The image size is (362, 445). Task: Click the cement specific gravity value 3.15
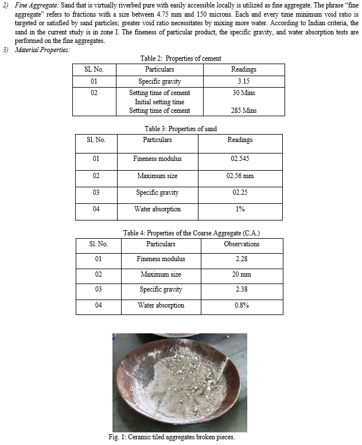click(x=243, y=81)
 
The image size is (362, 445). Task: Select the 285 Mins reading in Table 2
click(x=243, y=110)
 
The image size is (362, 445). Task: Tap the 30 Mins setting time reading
click(x=243, y=93)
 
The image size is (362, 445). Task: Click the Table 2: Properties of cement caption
click(x=181, y=58)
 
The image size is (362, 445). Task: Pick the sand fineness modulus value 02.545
click(x=240, y=159)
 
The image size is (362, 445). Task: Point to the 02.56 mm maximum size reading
click(x=240, y=176)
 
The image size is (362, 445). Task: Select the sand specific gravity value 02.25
click(x=240, y=192)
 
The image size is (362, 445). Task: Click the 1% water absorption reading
click(x=240, y=209)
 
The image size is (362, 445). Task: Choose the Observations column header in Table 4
click(x=242, y=244)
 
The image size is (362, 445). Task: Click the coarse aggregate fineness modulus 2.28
click(x=242, y=259)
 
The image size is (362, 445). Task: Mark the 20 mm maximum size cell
click(x=242, y=274)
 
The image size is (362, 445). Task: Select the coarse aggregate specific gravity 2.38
click(x=242, y=289)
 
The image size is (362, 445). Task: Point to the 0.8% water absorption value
click(x=242, y=305)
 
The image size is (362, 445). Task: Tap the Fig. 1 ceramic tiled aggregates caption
click(x=181, y=437)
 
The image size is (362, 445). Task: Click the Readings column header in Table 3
click(x=240, y=140)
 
